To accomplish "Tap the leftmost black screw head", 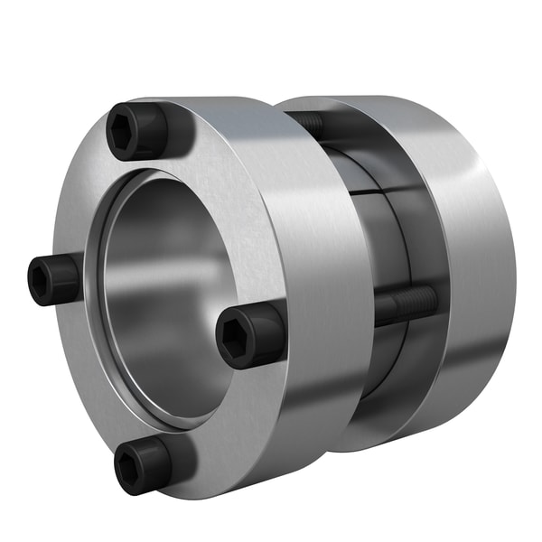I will [x=52, y=279].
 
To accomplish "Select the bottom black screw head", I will [x=142, y=464].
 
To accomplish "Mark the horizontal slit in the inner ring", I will [x=379, y=192].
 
